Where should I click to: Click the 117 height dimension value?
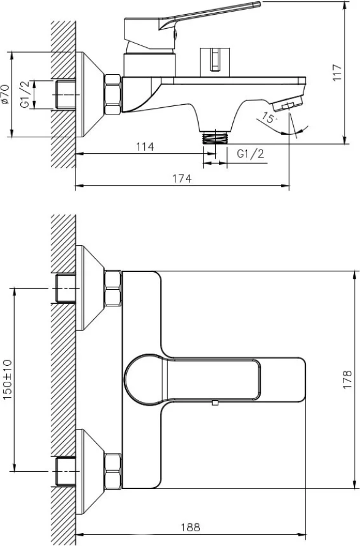[337, 72]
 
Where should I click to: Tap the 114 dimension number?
[145, 146]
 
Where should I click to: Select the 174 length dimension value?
[182, 178]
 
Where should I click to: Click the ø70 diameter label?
[4, 94]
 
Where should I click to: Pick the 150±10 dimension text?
[7, 379]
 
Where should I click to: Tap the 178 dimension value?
[347, 379]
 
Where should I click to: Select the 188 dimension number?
[191, 527]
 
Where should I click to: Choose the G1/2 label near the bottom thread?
[251, 154]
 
